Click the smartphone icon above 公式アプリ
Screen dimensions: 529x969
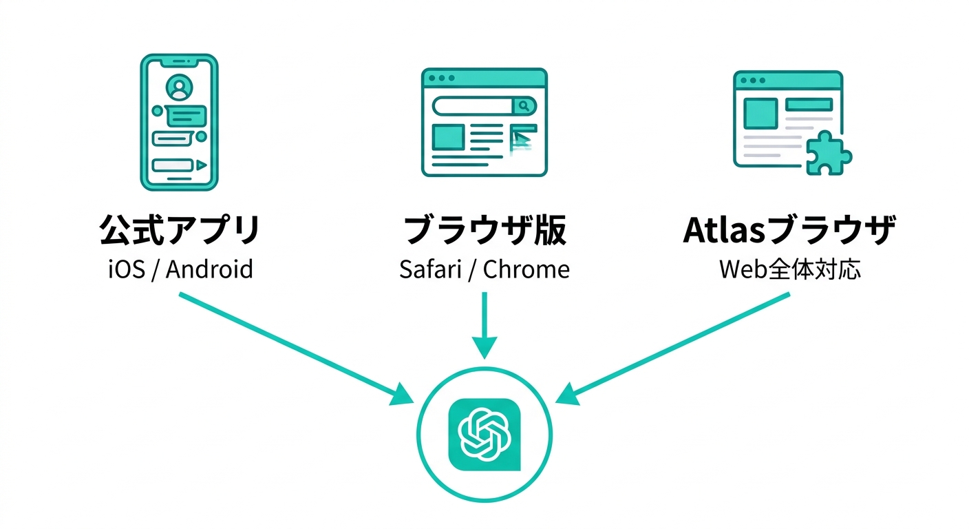click(180, 123)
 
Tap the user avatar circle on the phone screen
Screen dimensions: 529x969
click(180, 87)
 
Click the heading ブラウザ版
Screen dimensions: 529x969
click(484, 231)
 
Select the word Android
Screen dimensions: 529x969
click(210, 269)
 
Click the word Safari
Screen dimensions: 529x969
click(430, 269)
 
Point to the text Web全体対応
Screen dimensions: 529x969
click(790, 269)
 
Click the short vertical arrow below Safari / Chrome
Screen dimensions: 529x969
click(484, 324)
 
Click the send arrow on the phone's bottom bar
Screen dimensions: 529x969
click(200, 165)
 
